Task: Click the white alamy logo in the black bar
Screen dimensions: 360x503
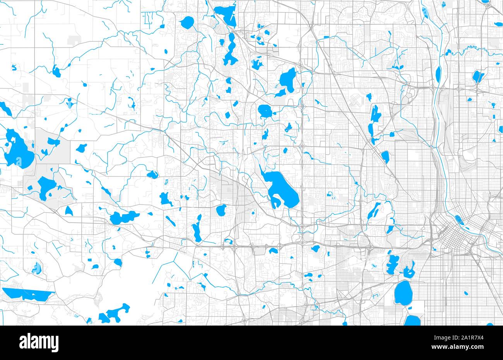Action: point(39,342)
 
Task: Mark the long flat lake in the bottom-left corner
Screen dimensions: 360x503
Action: point(27,294)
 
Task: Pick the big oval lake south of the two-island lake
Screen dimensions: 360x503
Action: point(403,292)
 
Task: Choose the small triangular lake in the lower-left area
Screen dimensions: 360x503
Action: point(69,211)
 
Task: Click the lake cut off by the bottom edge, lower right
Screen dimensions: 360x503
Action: point(412,321)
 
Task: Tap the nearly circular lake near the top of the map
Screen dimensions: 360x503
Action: point(188,22)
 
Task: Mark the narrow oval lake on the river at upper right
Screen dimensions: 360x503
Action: point(438,73)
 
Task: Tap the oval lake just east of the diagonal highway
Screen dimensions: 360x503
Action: point(385,157)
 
